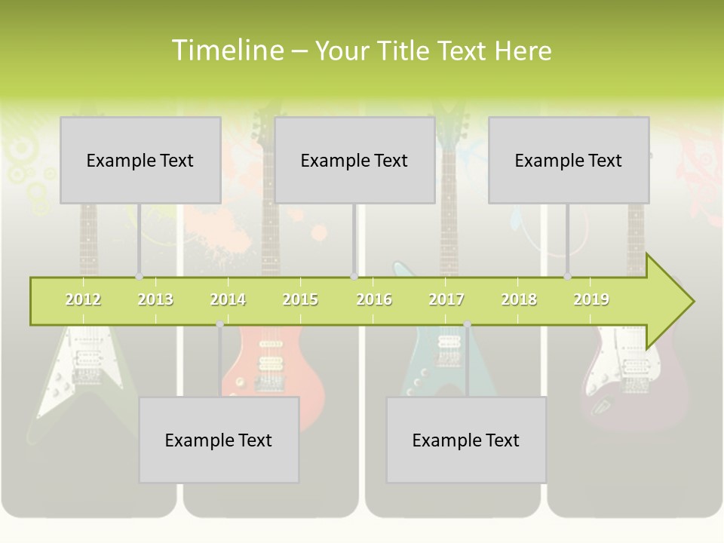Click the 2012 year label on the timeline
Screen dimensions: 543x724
click(83, 300)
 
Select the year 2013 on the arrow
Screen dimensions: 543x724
click(155, 300)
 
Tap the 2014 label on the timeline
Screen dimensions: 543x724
click(228, 300)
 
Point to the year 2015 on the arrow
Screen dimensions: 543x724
click(300, 300)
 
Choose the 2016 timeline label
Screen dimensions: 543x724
click(374, 300)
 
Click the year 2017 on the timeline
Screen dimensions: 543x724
click(446, 300)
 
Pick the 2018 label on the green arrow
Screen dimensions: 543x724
click(519, 300)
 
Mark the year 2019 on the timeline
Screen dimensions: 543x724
click(591, 300)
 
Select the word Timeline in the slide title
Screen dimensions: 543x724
click(227, 51)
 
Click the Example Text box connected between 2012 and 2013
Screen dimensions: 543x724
click(140, 160)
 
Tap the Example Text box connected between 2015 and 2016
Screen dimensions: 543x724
click(354, 160)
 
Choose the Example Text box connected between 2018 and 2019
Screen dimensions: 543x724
click(569, 160)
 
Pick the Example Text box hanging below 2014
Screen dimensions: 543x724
click(219, 440)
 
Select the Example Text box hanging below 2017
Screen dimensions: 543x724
click(466, 440)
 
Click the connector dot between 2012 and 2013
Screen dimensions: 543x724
click(139, 277)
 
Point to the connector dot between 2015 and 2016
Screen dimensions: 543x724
click(354, 277)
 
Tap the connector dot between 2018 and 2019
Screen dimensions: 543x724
click(567, 277)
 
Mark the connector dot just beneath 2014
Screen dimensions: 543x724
click(219, 324)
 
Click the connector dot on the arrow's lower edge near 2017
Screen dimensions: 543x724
click(467, 324)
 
